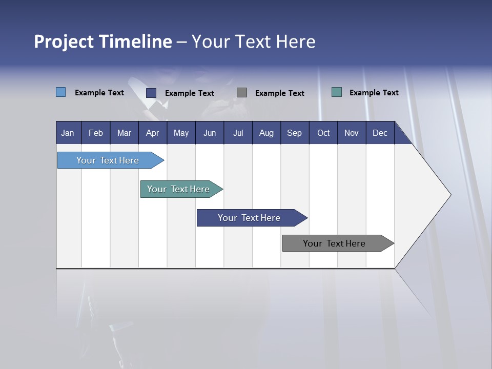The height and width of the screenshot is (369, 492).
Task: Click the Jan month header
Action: pos(68,133)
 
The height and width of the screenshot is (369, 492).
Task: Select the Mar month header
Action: pos(124,133)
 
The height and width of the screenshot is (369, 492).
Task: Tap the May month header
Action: pos(181,133)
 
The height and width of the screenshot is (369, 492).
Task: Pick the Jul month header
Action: pos(238,133)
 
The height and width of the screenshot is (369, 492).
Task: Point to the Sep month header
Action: pos(294,133)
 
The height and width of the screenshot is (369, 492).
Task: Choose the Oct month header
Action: pos(323,133)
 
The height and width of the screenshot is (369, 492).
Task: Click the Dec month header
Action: pos(380,133)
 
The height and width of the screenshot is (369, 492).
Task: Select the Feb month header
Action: pos(96,133)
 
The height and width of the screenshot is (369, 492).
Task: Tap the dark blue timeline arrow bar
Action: pos(250,218)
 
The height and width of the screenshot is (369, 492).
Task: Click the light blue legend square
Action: pos(61,92)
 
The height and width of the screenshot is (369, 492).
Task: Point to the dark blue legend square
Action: pos(151,93)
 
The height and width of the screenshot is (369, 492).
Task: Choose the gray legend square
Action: pos(242,92)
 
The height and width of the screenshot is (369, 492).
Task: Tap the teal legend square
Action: pos(337,92)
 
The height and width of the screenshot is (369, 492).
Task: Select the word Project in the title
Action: pos(63,42)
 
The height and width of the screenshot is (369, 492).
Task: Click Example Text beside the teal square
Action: pos(374,93)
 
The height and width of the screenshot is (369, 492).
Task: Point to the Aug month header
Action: pos(266,133)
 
